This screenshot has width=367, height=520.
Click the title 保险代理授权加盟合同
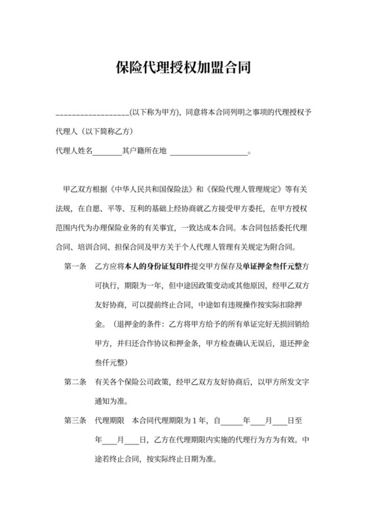pos(183,68)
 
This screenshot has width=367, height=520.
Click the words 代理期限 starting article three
pos(108,420)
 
